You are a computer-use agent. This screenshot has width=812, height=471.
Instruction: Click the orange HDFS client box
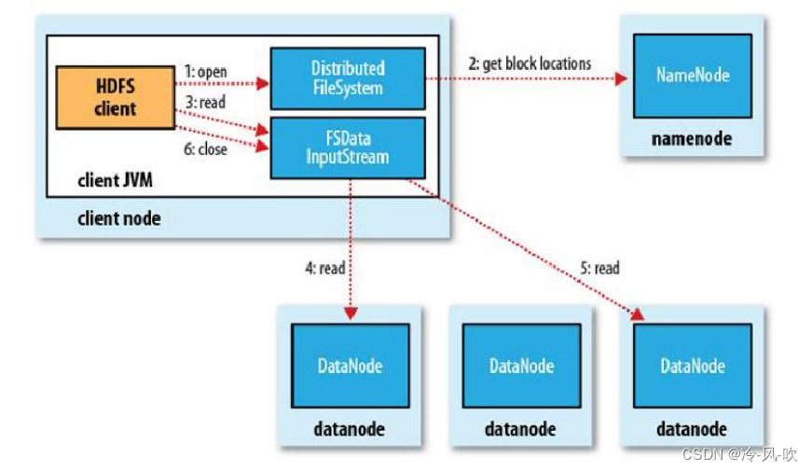click(x=115, y=96)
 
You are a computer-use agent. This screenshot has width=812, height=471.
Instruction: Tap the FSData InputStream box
click(x=348, y=147)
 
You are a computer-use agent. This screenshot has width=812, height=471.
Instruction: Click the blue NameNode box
click(x=693, y=76)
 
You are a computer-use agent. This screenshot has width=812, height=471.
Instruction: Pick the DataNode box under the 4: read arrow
click(x=351, y=366)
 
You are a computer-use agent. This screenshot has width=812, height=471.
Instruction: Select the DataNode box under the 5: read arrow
click(x=693, y=366)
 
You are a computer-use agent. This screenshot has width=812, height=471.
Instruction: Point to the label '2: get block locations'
click(x=530, y=63)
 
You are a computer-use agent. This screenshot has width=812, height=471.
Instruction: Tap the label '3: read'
click(x=206, y=103)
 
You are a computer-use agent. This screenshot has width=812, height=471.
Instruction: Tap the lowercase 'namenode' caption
click(x=692, y=139)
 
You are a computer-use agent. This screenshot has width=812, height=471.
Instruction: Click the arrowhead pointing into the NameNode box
click(x=621, y=79)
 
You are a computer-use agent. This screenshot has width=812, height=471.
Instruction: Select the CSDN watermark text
click(x=739, y=455)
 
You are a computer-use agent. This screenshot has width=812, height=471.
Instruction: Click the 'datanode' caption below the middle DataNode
click(x=520, y=430)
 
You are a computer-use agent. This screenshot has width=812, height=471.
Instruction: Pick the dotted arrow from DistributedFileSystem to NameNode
click(x=522, y=79)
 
